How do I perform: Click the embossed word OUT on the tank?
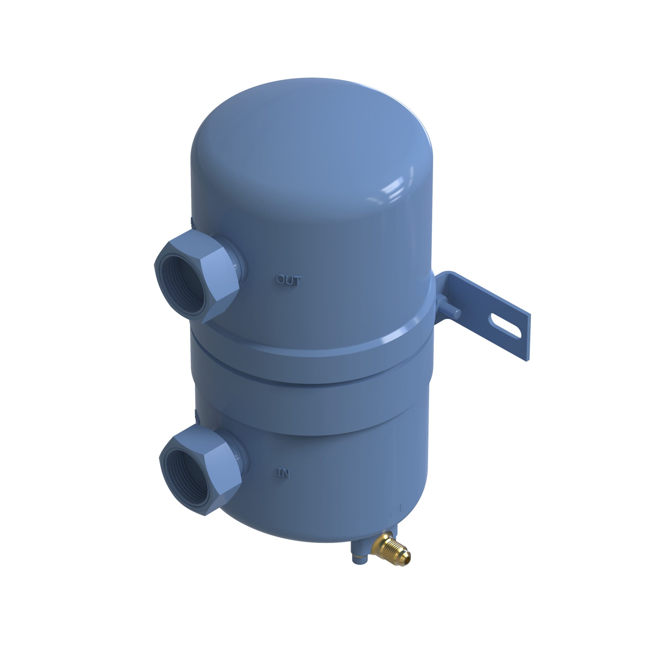[288, 280]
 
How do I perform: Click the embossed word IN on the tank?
[283, 473]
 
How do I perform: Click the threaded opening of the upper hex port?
[182, 284]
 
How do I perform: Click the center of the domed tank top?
[311, 134]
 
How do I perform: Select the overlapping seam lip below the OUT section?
[311, 364]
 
